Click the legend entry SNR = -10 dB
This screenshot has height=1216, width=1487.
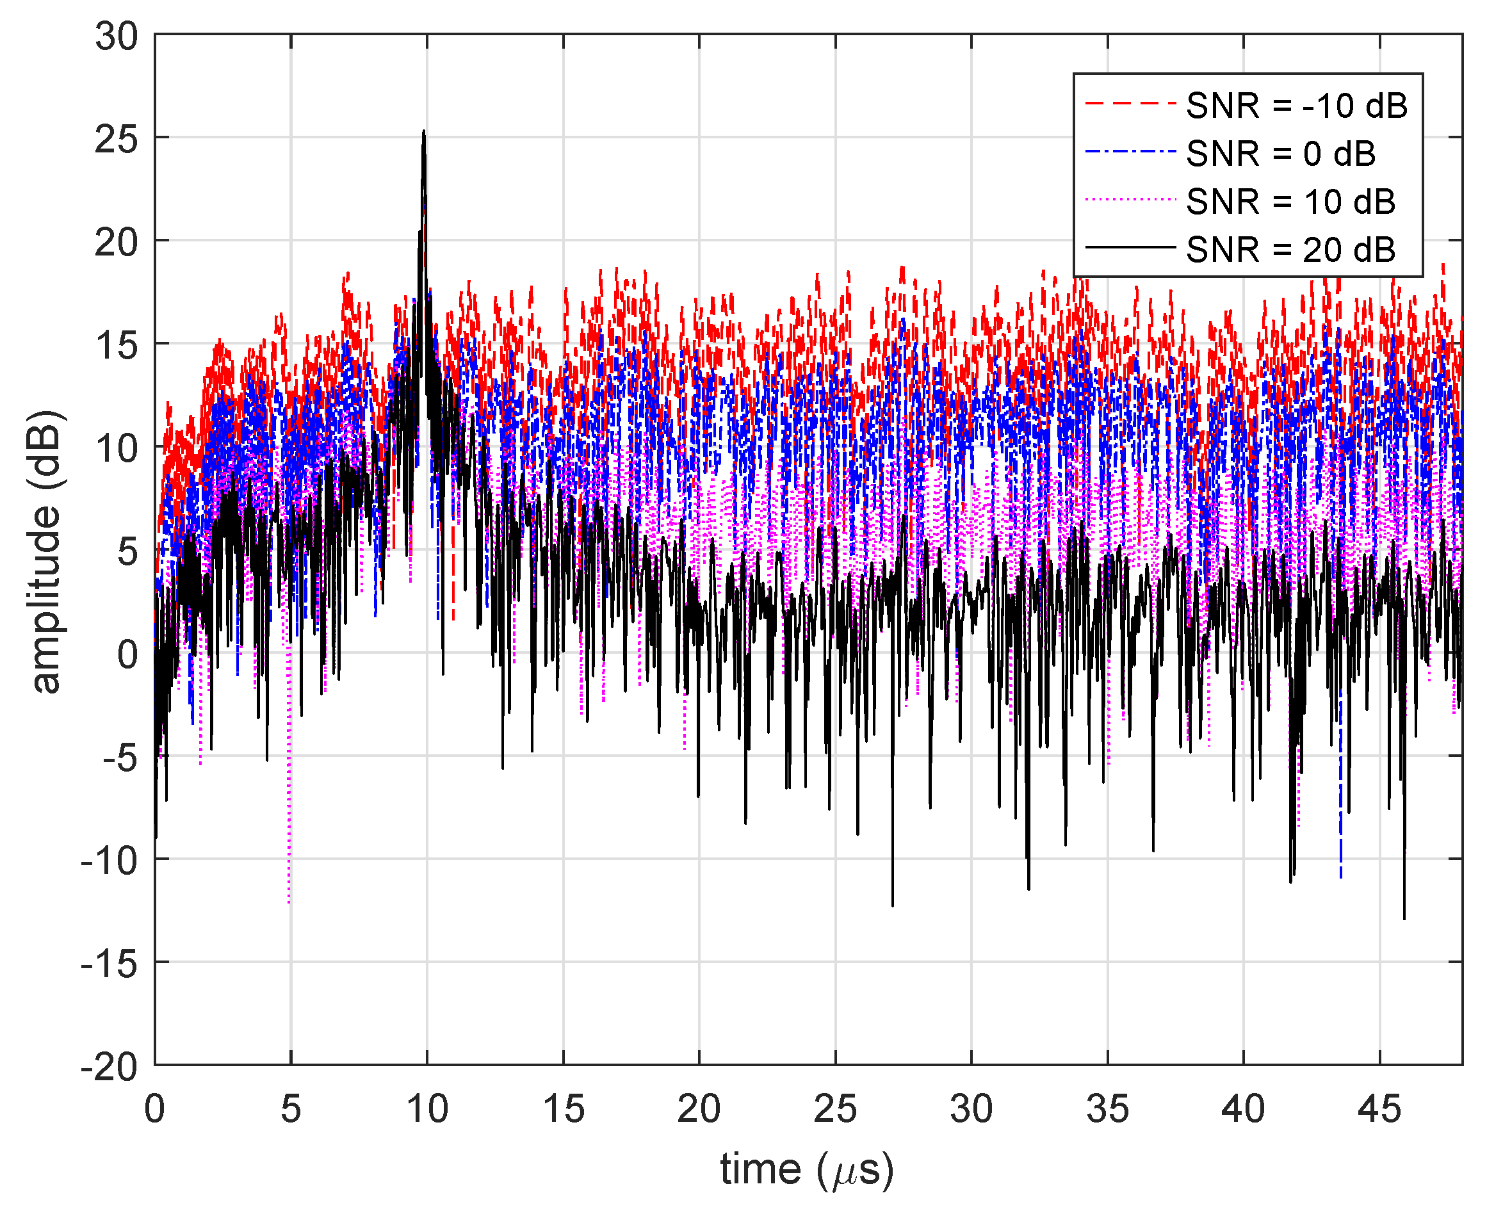coord(1296,106)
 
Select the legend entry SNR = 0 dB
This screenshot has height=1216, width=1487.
coord(1280,154)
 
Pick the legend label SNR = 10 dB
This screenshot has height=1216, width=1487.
coord(1290,202)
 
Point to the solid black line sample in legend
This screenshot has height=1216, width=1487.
coord(1129,248)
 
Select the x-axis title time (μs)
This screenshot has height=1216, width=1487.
coord(807,1170)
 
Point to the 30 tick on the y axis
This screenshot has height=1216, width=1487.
coord(117,36)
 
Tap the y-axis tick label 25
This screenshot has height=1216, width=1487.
coord(117,140)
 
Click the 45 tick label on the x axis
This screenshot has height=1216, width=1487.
coord(1379,1110)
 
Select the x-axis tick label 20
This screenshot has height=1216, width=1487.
coord(698,1110)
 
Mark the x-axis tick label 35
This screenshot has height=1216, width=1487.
coord(1107,1110)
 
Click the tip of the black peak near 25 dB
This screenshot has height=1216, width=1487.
coord(424,132)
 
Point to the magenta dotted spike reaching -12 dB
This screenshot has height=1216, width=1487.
coord(289,900)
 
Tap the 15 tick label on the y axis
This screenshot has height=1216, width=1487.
coord(117,345)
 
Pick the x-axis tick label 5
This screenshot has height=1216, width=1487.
coord(291,1110)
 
